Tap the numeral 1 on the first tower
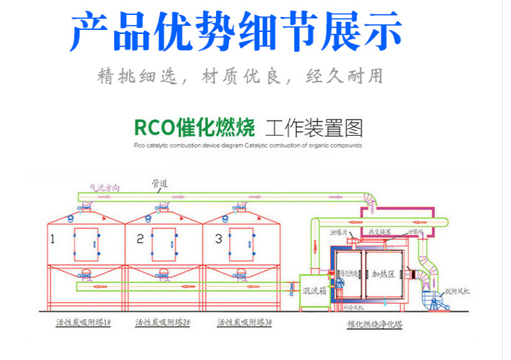(x=52, y=239)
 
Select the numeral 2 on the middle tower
(x=140, y=239)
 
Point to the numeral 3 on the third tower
(x=218, y=239)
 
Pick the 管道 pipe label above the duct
(x=160, y=183)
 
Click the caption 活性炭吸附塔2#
(x=162, y=323)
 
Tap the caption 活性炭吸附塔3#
(x=243, y=323)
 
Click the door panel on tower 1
(x=86, y=244)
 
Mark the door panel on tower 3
(x=242, y=244)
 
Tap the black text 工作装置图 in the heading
(x=314, y=127)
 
